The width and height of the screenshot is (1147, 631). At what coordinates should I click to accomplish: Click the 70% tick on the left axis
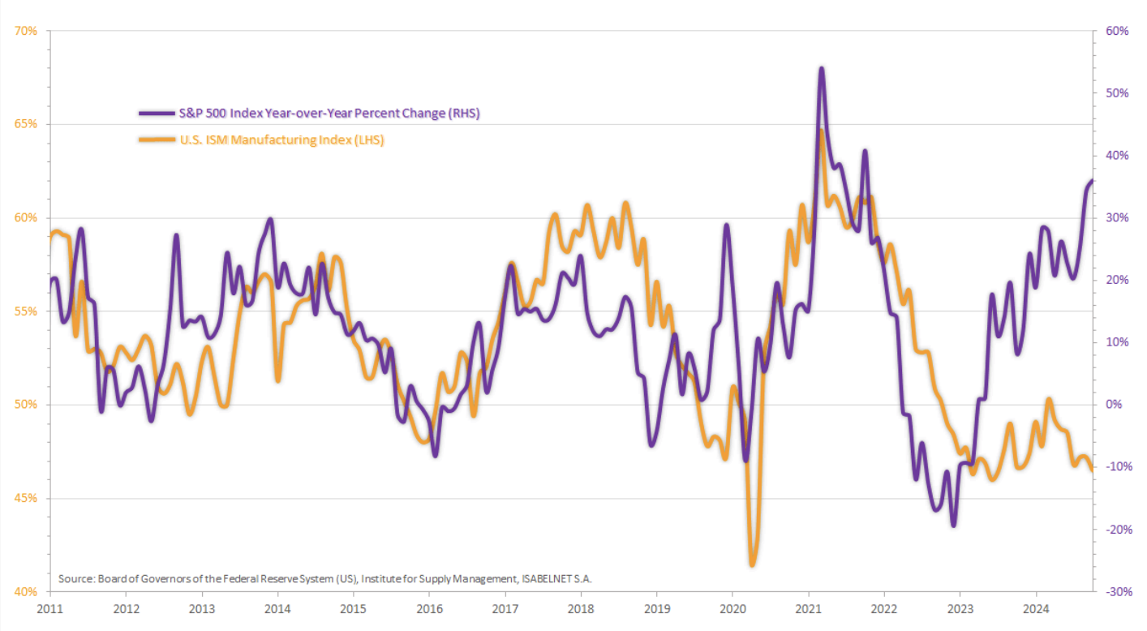pos(27,32)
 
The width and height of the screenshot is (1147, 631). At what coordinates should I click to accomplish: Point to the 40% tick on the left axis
pos(27,591)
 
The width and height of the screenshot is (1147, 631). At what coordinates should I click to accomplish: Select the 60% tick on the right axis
pos(1117,32)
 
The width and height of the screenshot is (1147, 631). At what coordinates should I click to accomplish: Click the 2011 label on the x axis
pos(49,607)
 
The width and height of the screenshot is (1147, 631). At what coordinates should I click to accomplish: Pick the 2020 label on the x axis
pos(732,607)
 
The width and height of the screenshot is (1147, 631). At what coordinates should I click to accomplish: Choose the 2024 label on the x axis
pos(1035,607)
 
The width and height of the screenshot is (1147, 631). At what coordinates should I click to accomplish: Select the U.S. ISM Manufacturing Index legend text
pos(281,140)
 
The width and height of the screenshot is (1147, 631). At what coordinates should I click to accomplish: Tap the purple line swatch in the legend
pos(157,114)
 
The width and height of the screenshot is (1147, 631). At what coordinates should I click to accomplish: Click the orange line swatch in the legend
pos(157,140)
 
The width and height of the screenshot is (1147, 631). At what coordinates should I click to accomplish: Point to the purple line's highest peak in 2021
pos(822,69)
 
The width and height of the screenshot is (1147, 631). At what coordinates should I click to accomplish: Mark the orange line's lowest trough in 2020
pos(753,564)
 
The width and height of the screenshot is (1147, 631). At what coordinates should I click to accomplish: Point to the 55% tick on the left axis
pos(27,311)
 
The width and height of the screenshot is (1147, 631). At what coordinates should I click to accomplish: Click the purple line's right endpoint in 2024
pos(1093,181)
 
